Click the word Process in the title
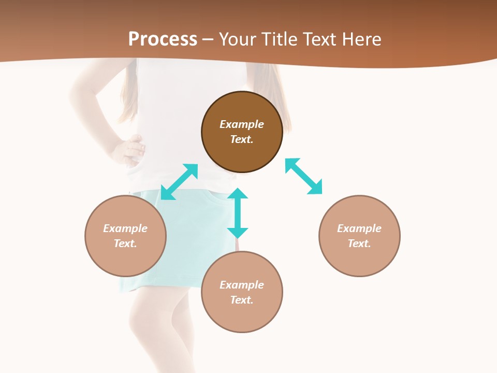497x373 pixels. (x=163, y=39)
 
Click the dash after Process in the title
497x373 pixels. (x=208, y=40)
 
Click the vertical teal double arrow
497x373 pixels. (x=238, y=213)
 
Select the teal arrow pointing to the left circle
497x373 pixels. (x=179, y=182)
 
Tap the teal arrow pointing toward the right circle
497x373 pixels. (x=304, y=177)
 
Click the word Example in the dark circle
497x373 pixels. (x=242, y=124)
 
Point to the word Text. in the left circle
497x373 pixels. (x=125, y=243)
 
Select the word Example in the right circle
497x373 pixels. (x=359, y=228)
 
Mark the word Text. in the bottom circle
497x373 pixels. (x=242, y=300)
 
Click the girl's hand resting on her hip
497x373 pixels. (x=128, y=150)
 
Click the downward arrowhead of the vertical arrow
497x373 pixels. (x=238, y=233)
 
